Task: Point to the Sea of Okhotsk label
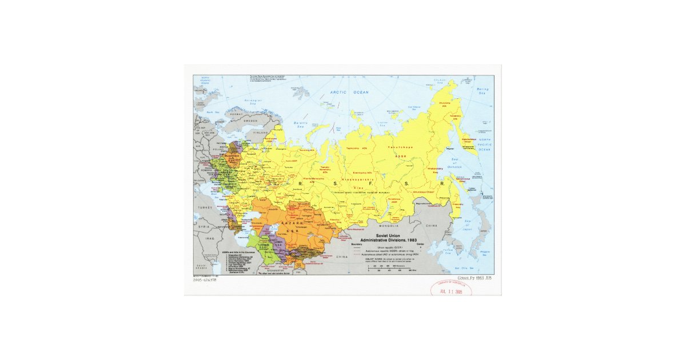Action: click(456, 164)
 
